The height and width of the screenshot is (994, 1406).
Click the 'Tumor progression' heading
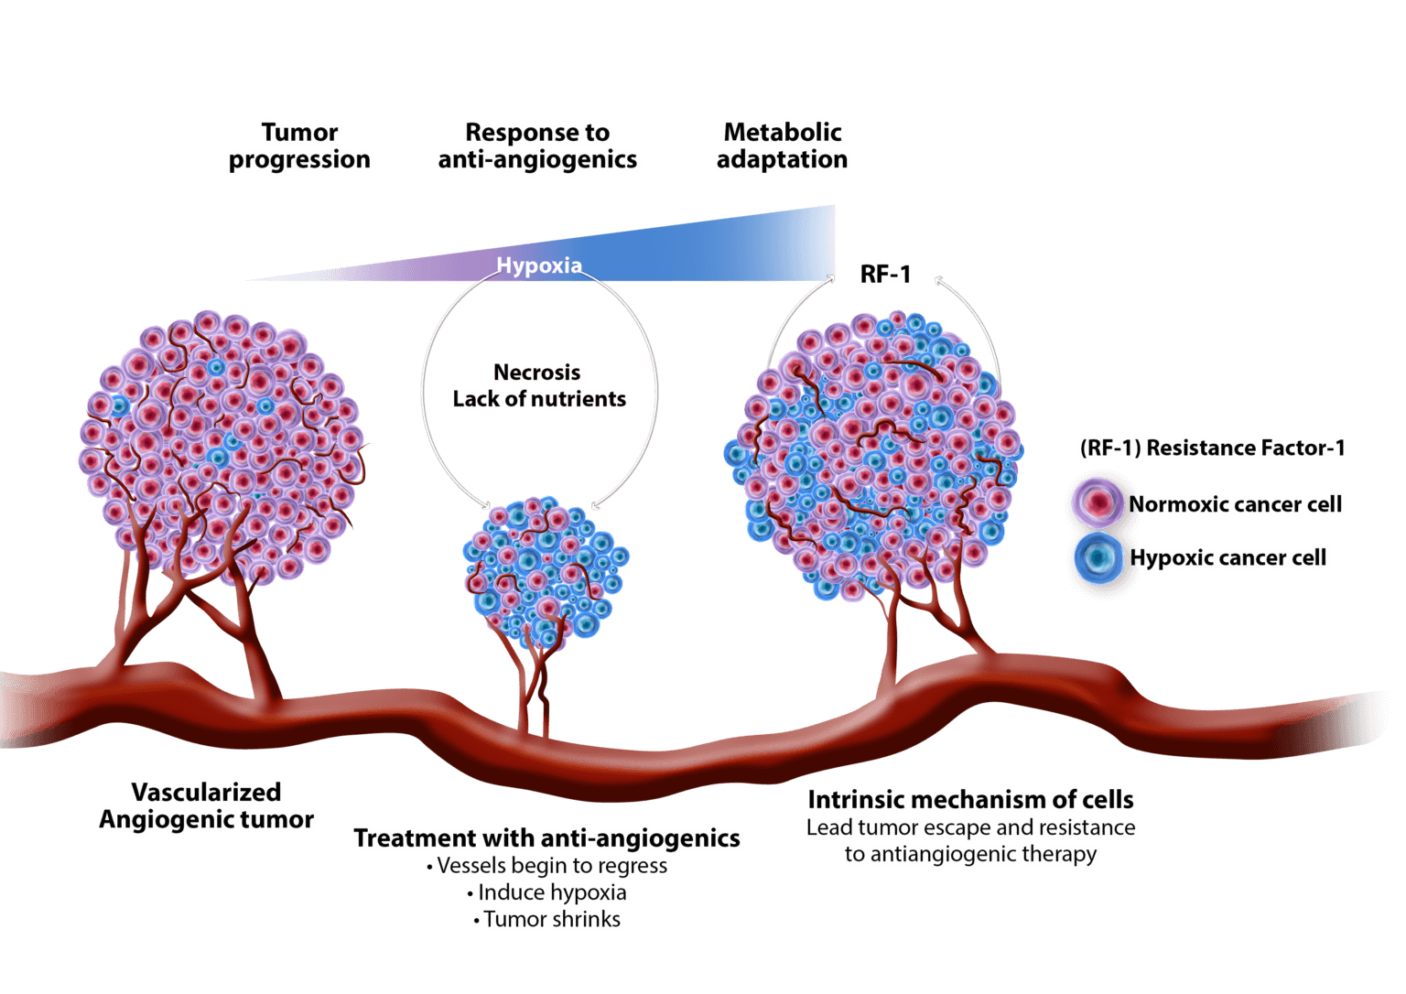pyautogui.click(x=300, y=146)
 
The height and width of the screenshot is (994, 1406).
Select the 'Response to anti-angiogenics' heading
pyautogui.click(x=538, y=146)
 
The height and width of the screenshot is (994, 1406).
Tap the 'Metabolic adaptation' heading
pyautogui.click(x=783, y=146)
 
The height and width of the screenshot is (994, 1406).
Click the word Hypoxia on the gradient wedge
pyautogui.click(x=539, y=265)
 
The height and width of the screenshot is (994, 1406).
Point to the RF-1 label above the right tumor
pyautogui.click(x=885, y=274)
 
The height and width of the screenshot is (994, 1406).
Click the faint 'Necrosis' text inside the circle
pyautogui.click(x=537, y=373)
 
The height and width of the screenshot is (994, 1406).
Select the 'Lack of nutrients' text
pyautogui.click(x=539, y=399)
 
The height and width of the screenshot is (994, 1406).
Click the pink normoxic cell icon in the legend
pyautogui.click(x=1098, y=503)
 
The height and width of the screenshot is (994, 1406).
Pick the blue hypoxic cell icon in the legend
pyautogui.click(x=1098, y=557)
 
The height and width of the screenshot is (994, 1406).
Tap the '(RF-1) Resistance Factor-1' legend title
pyautogui.click(x=1213, y=448)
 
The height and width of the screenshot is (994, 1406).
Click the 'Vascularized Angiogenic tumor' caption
pyautogui.click(x=208, y=805)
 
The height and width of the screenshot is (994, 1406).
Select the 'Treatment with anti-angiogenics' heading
pyautogui.click(x=547, y=837)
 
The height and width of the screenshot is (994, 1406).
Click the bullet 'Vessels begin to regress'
pyautogui.click(x=547, y=866)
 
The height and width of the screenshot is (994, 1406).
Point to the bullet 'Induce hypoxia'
pyautogui.click(x=547, y=892)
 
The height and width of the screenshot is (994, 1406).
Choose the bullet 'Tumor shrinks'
pyautogui.click(x=547, y=919)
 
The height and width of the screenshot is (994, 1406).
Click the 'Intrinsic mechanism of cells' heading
pyautogui.click(x=971, y=799)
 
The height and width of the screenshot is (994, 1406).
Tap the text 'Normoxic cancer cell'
pyautogui.click(x=1236, y=504)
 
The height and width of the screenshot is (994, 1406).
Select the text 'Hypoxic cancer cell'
pyautogui.click(x=1228, y=557)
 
